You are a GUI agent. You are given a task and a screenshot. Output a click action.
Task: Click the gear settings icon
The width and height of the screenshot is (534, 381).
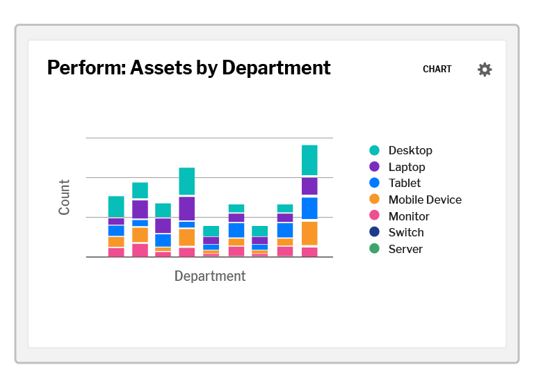[x=485, y=70]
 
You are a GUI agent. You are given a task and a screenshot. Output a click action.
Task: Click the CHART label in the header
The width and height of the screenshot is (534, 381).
[x=437, y=70]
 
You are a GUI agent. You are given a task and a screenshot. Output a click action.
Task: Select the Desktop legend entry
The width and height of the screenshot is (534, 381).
[x=410, y=150]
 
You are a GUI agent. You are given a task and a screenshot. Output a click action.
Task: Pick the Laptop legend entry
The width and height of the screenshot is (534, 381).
[x=406, y=167]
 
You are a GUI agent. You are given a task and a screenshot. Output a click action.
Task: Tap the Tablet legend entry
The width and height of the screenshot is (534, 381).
[x=404, y=183]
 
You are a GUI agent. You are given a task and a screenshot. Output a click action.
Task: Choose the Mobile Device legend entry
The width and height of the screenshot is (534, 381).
[x=424, y=200]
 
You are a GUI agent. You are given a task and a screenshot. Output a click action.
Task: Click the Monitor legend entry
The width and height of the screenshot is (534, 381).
[x=408, y=216]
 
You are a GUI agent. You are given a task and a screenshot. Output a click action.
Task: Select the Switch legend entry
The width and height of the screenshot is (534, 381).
[x=405, y=232]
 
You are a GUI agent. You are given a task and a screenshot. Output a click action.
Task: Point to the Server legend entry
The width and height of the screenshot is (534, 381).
[x=405, y=249]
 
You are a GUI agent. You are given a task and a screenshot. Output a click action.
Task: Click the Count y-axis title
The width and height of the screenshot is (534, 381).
[x=65, y=197]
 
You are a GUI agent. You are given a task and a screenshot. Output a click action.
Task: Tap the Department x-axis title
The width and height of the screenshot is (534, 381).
[x=210, y=276]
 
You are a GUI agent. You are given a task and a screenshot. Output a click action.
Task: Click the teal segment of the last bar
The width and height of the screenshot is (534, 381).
[x=309, y=160]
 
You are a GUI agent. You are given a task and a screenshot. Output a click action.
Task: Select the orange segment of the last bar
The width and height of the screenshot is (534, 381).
[x=309, y=233]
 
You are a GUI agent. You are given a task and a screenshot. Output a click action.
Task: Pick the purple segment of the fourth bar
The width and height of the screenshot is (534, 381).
[x=186, y=209]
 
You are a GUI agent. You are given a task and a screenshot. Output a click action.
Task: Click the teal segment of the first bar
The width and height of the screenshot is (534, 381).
[x=116, y=206]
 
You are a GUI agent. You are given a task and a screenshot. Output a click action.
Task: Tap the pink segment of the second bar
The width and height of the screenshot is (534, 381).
[x=140, y=250]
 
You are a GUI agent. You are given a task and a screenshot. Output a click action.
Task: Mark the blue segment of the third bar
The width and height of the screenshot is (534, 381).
[x=163, y=240]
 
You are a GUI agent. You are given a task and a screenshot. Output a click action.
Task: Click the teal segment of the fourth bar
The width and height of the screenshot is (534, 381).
[x=186, y=181]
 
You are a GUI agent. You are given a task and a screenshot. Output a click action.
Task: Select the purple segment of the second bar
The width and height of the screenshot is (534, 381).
[x=140, y=209]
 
